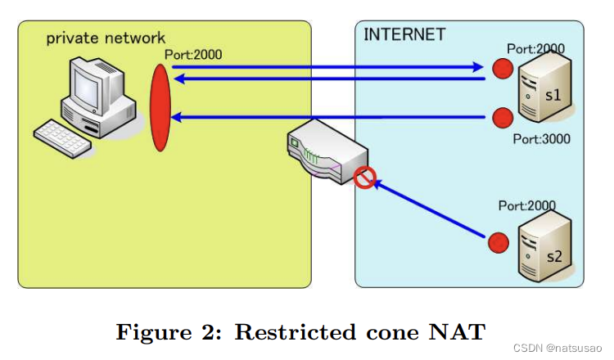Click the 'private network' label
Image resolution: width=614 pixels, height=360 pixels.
point(106,38)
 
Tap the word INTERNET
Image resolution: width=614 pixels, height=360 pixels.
point(404,34)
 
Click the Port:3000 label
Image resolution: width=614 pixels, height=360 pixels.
point(541,139)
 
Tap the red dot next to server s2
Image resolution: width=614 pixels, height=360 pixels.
point(495,243)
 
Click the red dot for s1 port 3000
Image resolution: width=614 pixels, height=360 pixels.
point(499,117)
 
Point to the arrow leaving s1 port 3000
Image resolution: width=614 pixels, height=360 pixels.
point(327,118)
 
